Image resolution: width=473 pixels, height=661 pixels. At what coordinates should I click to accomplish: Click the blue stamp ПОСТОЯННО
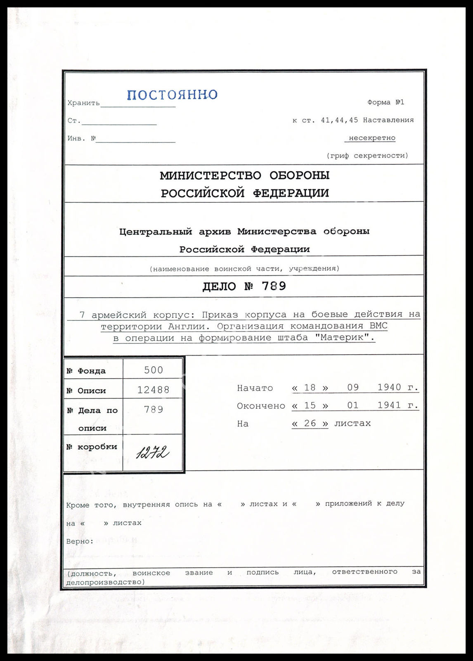(x=172, y=95)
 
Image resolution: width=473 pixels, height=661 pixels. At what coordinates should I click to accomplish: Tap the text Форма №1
(x=385, y=102)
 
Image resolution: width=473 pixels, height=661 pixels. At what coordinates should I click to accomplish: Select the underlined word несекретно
(x=371, y=138)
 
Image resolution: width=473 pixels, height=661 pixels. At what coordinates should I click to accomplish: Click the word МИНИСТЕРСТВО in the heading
(x=210, y=175)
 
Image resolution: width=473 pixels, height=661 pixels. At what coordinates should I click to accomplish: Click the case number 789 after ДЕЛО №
(x=274, y=286)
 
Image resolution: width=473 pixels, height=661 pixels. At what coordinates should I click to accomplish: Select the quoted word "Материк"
(x=344, y=338)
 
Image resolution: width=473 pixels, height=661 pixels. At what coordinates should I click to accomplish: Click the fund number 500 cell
(x=153, y=370)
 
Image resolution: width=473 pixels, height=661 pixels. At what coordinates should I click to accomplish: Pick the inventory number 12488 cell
(x=153, y=390)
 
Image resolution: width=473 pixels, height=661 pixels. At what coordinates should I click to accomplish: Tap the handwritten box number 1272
(x=152, y=453)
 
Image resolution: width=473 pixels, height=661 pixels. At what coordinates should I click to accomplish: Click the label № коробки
(x=92, y=447)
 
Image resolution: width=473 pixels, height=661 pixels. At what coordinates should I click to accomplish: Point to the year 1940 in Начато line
(x=389, y=388)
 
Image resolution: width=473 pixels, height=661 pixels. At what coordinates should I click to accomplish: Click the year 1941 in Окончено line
(x=389, y=405)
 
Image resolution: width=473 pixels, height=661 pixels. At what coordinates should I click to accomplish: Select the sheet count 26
(x=310, y=424)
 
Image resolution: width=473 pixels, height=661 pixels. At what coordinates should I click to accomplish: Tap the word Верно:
(x=80, y=541)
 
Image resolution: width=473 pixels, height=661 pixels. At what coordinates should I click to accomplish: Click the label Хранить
(x=83, y=103)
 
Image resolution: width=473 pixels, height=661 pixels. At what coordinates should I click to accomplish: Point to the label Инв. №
(x=81, y=138)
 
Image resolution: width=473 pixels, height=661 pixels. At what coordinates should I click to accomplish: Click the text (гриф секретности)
(x=367, y=156)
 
